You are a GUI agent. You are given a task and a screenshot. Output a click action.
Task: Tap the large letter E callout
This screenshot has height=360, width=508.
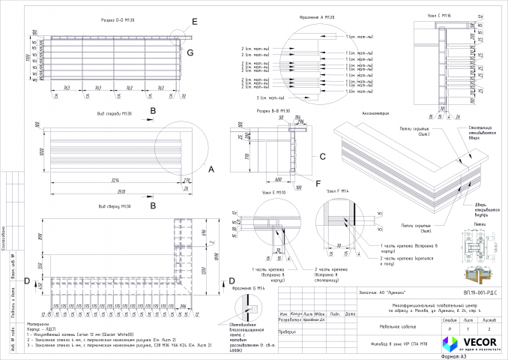195,22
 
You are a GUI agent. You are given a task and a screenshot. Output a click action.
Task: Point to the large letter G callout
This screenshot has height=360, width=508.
190,52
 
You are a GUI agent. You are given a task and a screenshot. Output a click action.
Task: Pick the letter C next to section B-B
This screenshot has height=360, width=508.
322,157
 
